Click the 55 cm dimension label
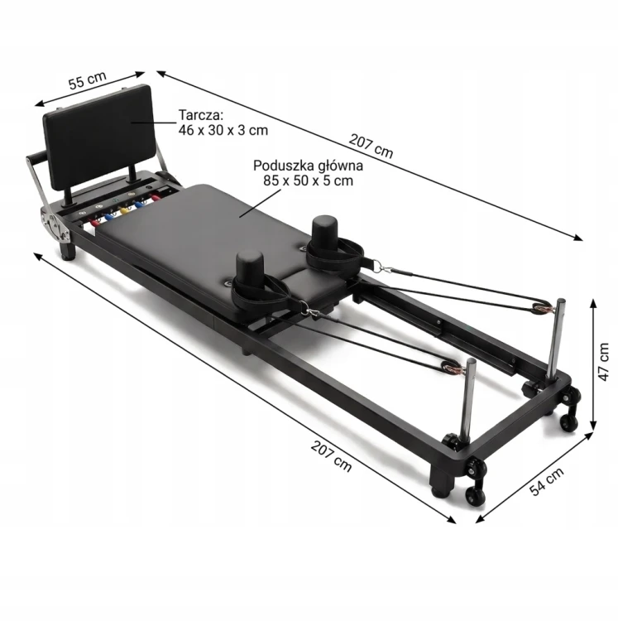[88, 80]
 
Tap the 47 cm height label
[603, 362]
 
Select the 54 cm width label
[546, 481]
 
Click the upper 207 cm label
[371, 146]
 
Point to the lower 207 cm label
[331, 456]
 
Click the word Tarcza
[201, 115]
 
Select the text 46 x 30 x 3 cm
[223, 130]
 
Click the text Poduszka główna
[308, 166]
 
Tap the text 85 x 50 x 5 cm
[308, 181]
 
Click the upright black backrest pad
[98, 137]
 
